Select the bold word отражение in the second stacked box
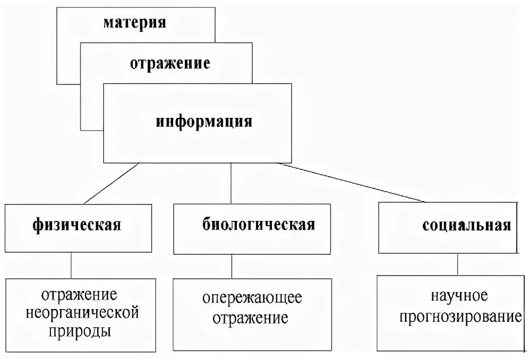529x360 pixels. (170, 64)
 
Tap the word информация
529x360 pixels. (203, 122)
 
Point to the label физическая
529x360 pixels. (76, 224)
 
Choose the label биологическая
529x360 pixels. (259, 224)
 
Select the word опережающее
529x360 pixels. (252, 298)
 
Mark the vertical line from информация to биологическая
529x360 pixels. (230, 183)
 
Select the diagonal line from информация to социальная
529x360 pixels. (353, 183)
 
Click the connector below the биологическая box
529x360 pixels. (231, 266)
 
